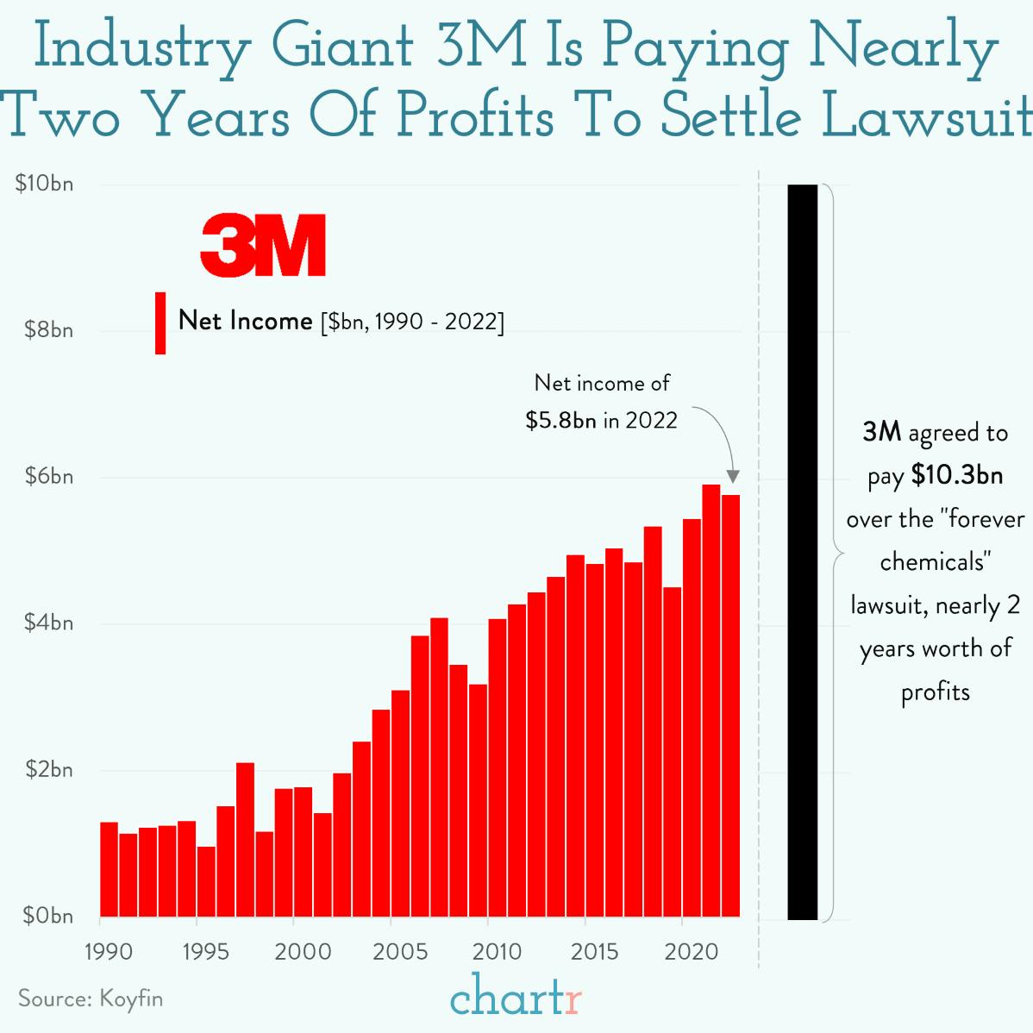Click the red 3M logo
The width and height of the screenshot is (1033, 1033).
pos(263,246)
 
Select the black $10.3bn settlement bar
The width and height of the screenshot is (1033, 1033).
pos(802,552)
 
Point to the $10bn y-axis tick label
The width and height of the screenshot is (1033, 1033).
pos(45,184)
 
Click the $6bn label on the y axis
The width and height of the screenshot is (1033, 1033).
pos(45,476)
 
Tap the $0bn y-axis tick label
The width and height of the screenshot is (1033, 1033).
pos(45,916)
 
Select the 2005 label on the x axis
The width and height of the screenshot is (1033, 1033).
pos(400,952)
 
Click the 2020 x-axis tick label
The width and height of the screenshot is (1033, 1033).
pos(692,952)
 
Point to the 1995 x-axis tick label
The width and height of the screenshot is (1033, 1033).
pos(205,952)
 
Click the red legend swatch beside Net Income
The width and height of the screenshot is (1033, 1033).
pos(160,322)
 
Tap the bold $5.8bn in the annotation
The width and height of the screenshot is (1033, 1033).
pos(560,420)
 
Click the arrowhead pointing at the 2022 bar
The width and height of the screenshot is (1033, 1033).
pos(733,477)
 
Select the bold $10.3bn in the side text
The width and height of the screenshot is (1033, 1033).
pos(956,475)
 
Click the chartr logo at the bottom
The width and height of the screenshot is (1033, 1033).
pos(516,998)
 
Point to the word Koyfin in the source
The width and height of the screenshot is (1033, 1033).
pos(131,999)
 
